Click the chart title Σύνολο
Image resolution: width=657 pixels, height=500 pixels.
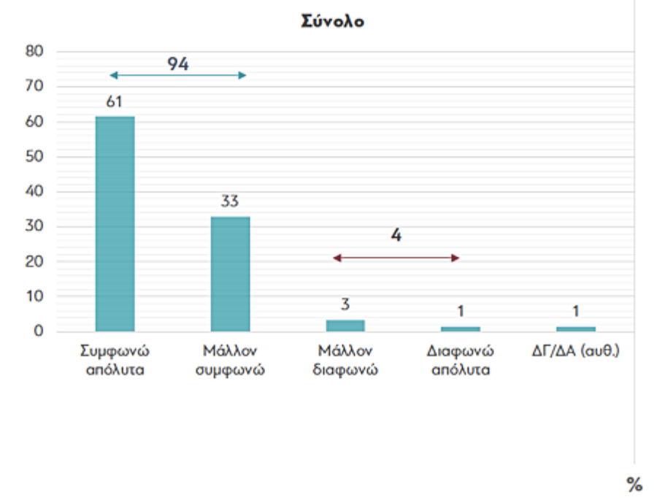point(332,21)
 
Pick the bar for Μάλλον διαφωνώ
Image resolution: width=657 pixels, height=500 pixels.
point(345,326)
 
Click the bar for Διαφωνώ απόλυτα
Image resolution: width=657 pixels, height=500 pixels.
point(460,328)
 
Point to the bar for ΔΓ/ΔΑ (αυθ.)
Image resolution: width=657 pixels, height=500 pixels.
point(575,328)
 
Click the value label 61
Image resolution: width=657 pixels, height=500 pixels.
point(114,102)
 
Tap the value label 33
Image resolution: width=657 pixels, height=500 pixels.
point(230,202)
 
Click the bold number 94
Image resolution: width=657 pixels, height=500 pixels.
point(177,64)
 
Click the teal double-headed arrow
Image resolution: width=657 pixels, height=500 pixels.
point(177,75)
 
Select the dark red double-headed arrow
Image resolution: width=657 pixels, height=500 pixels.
point(396,258)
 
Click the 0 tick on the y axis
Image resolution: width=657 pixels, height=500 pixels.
point(39,331)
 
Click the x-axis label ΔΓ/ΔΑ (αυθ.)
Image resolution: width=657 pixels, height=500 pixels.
point(575,352)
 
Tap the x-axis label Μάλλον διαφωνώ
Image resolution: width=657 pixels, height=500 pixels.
point(345,360)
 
